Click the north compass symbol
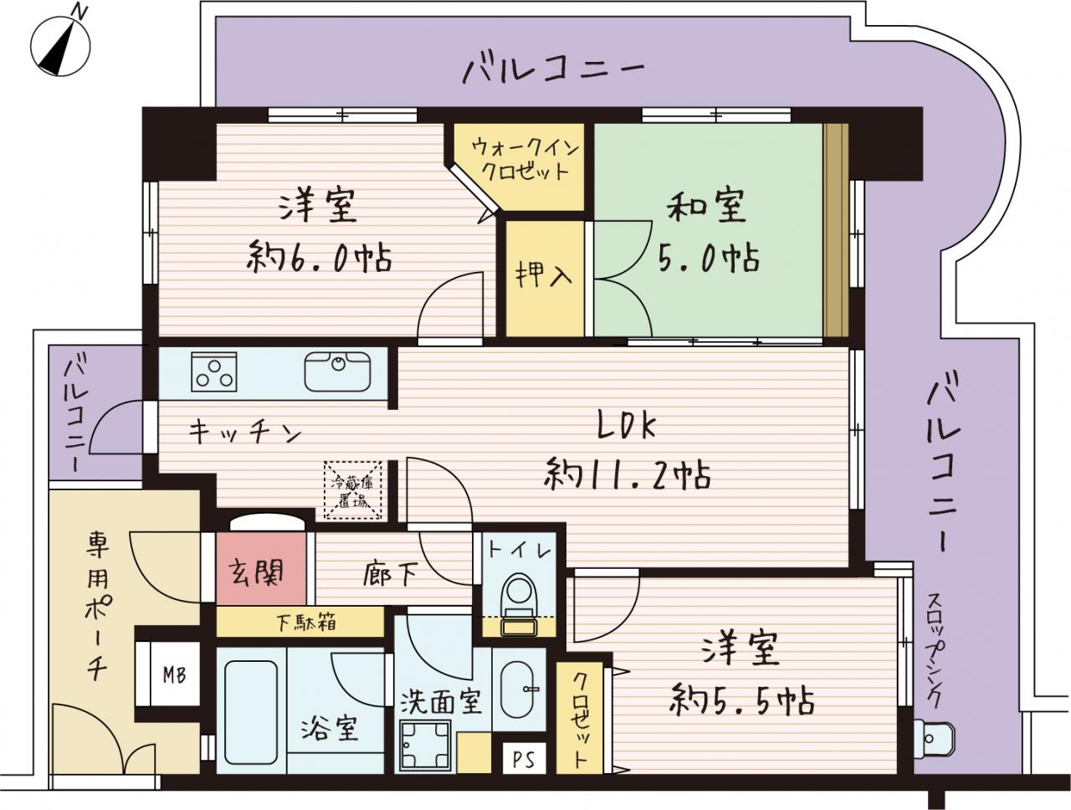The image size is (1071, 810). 60,46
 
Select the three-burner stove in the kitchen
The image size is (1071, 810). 213,372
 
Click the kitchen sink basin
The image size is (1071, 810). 337,372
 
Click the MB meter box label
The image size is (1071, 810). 174,675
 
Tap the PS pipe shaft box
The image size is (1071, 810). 524,759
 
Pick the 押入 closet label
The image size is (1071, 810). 544,276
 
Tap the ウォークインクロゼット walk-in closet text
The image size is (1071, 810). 525,160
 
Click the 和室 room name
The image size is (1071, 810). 706,207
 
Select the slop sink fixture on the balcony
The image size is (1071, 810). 929,738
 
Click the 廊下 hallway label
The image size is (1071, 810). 390,576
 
